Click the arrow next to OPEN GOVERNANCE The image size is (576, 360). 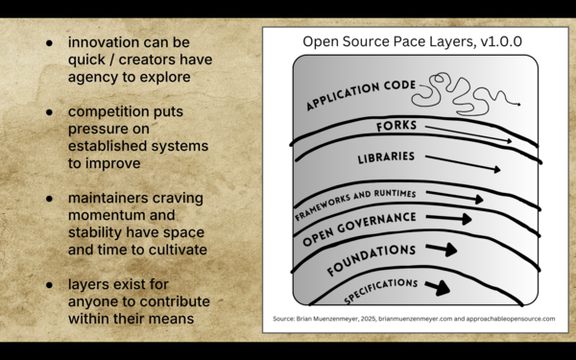[449, 219]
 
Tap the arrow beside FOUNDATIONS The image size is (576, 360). [443, 250]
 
